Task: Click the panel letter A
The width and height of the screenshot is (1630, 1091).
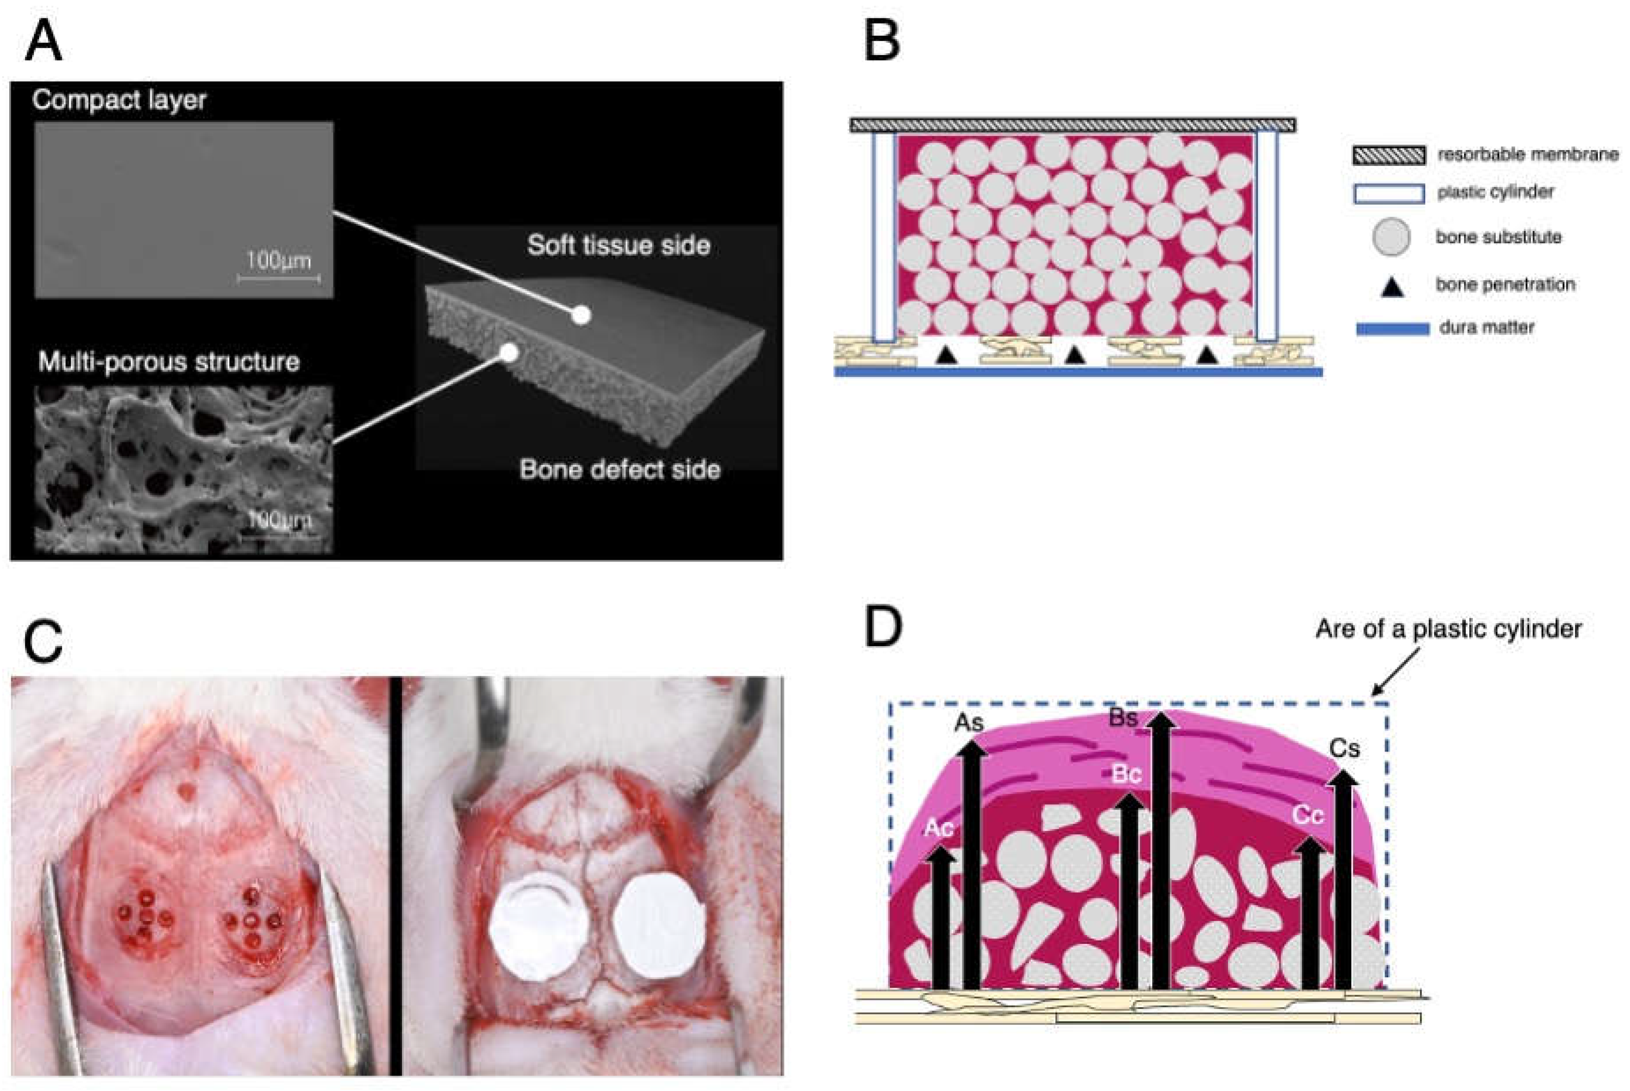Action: tap(43, 42)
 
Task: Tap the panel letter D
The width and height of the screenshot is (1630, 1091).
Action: tap(882, 627)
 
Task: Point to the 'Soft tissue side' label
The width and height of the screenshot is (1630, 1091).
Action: tap(618, 245)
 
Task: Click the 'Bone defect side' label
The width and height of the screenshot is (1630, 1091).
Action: tap(619, 470)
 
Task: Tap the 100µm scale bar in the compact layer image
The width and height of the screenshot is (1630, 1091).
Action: tap(279, 278)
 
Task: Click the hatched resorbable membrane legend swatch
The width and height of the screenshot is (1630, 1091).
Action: tap(1389, 155)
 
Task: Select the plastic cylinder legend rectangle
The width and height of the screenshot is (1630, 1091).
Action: tap(1389, 193)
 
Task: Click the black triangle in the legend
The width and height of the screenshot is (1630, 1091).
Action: tap(1391, 287)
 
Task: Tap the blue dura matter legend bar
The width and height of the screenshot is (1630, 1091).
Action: tap(1392, 329)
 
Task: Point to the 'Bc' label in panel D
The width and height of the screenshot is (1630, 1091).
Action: tap(1126, 774)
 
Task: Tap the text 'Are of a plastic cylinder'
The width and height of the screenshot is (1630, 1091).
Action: tap(1448, 629)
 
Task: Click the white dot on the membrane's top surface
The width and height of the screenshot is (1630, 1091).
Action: tap(581, 315)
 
